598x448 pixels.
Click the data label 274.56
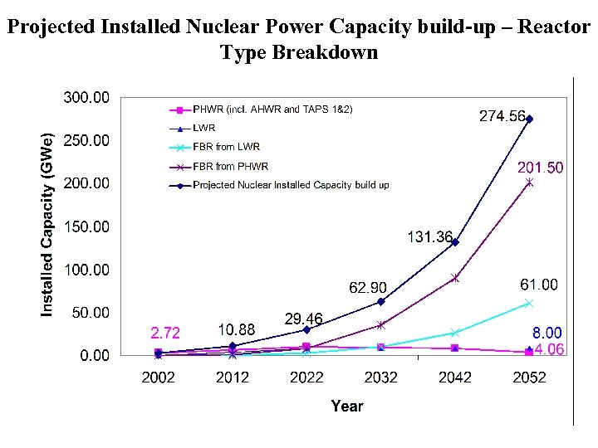click(502, 117)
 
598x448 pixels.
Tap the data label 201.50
click(540, 168)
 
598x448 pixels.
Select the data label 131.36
click(430, 237)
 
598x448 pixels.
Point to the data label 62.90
click(367, 288)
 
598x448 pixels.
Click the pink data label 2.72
click(164, 333)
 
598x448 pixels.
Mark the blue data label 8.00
click(547, 333)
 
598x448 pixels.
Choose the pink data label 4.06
click(548, 349)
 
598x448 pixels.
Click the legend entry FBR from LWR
click(226, 147)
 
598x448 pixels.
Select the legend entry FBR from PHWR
click(230, 166)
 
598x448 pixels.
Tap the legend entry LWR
click(203, 128)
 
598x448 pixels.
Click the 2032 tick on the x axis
click(380, 377)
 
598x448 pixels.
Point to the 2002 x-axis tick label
click(158, 377)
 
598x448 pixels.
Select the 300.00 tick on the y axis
click(86, 98)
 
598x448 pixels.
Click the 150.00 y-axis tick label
click(86, 226)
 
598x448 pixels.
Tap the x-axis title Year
click(346, 406)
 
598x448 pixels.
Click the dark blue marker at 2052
click(529, 119)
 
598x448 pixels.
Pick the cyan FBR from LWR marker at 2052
click(529, 304)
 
